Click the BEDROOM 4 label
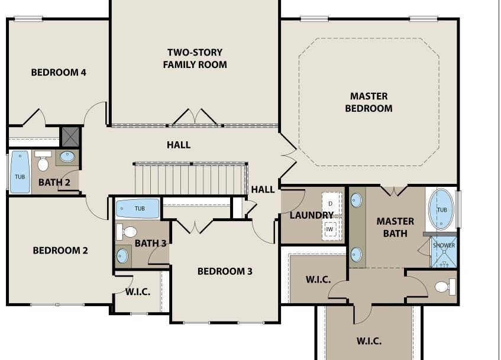(59, 72)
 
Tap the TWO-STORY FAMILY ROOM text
(195, 59)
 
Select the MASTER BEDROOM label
(369, 102)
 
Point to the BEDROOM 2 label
(60, 251)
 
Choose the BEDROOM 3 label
(225, 271)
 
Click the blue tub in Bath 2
(20, 172)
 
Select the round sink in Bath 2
(67, 157)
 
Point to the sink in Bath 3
(122, 256)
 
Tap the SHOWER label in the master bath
(444, 245)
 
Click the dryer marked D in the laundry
(331, 203)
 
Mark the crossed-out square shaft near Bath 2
(70, 137)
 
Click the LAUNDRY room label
(311, 215)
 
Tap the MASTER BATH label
(395, 228)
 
